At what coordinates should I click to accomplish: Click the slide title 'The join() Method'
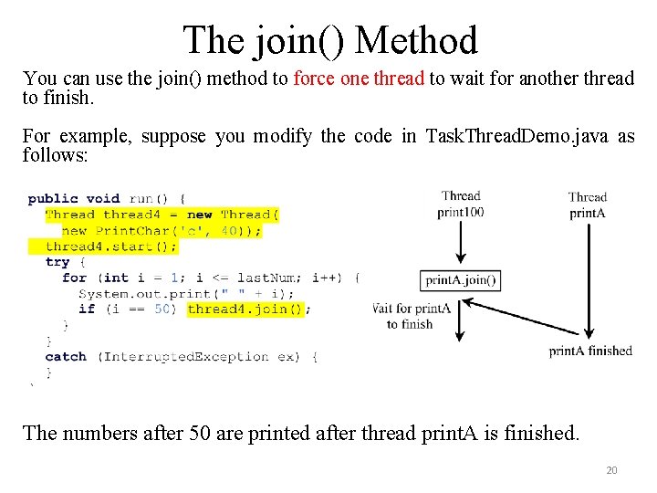point(329,40)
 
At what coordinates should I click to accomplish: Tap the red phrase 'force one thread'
point(359,79)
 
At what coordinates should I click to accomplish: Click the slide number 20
point(611,470)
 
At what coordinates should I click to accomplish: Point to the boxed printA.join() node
point(460,279)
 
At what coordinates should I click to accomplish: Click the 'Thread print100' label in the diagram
point(461,204)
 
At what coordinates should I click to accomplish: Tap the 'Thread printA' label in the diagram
point(587,205)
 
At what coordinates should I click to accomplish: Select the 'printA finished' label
point(590,351)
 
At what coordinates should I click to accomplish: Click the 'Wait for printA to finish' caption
point(412,316)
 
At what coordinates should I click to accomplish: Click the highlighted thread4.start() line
point(111,246)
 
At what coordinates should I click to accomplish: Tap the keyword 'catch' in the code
point(66,356)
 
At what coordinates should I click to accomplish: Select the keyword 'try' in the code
point(57,262)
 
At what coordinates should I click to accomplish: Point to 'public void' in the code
point(74,198)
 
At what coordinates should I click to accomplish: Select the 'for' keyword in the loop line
point(74,278)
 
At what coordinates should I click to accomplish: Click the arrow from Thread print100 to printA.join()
point(460,242)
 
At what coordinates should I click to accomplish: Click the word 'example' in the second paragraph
point(94,137)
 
